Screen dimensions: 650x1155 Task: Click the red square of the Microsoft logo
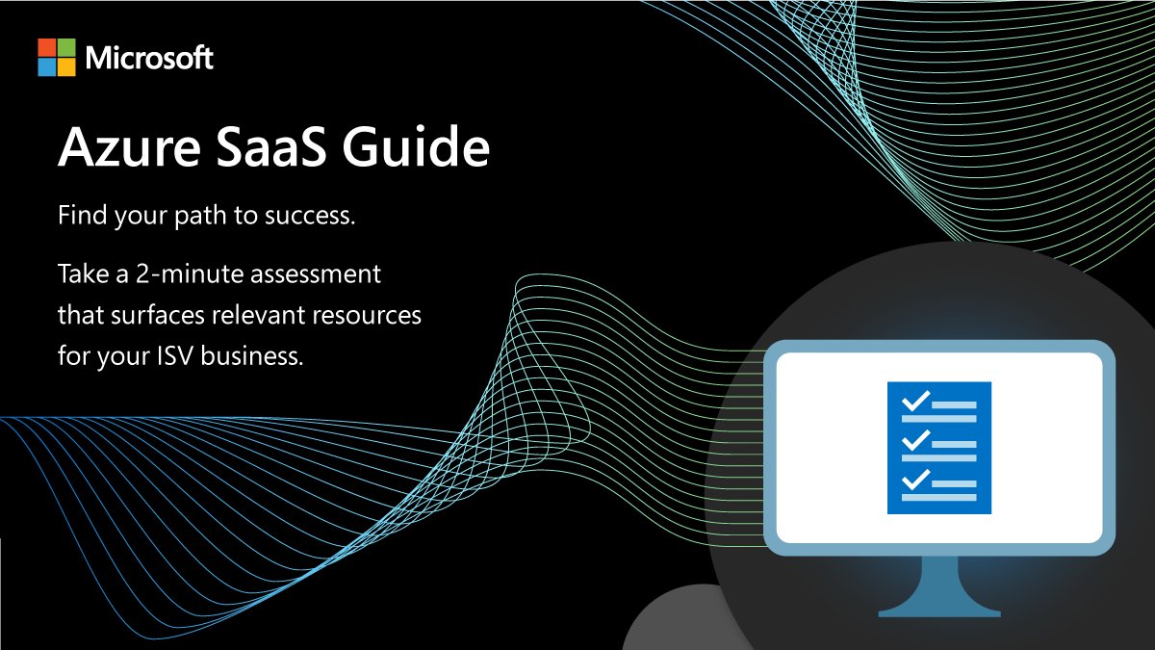click(47, 48)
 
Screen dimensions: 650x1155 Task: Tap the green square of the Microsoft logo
click(67, 48)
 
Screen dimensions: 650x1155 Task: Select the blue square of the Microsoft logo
click(47, 67)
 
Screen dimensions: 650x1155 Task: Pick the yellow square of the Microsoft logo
click(67, 67)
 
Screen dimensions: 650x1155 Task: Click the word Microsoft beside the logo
click(149, 59)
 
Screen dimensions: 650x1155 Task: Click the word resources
click(372, 316)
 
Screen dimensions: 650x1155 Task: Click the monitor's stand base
click(939, 607)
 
